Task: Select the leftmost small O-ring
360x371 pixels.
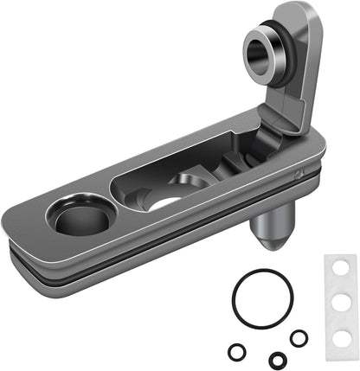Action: point(236,352)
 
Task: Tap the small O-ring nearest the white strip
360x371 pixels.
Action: point(299,338)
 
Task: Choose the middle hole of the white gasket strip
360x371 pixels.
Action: point(340,300)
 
